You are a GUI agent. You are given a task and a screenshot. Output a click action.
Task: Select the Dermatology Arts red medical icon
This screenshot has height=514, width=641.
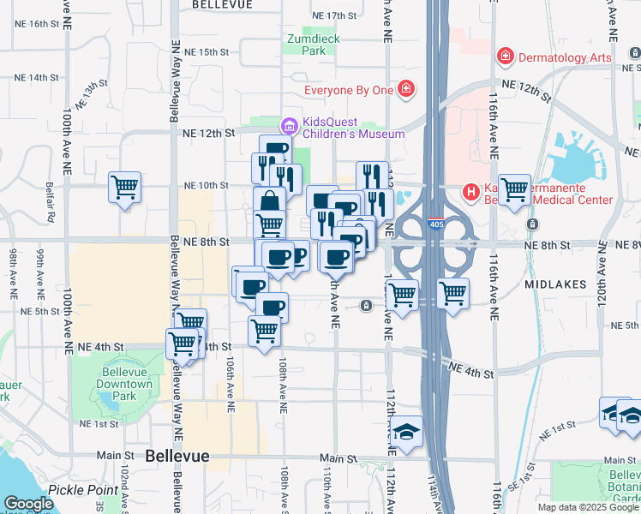click(506, 57)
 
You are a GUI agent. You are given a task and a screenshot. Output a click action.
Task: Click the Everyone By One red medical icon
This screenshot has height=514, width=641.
click(405, 88)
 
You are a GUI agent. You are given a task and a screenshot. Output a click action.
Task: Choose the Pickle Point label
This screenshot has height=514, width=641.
click(83, 490)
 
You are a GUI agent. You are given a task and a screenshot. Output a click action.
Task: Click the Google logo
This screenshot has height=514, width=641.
click(28, 503)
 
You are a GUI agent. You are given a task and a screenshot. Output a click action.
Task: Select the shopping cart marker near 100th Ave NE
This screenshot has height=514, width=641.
click(125, 186)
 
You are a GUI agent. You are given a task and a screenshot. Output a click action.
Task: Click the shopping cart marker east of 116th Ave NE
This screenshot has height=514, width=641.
click(515, 189)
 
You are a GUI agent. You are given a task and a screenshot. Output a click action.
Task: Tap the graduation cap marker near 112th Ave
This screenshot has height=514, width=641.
click(407, 429)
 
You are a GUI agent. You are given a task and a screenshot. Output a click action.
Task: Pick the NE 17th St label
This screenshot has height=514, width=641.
click(334, 15)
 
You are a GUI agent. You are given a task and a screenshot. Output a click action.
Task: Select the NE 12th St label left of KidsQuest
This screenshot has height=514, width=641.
click(209, 133)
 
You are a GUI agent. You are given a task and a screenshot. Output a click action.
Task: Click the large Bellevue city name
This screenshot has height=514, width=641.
click(177, 456)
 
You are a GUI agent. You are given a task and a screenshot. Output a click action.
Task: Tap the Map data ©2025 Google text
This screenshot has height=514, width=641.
click(587, 507)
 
